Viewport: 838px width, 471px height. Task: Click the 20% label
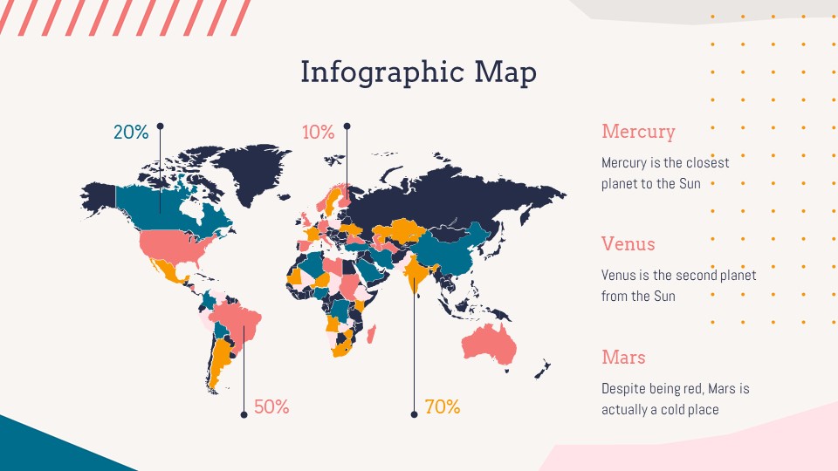(x=131, y=133)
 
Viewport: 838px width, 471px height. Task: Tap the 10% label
(x=319, y=133)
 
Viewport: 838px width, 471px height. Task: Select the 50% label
(x=271, y=407)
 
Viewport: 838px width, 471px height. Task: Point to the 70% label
(x=442, y=407)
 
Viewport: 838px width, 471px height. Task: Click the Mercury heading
(x=638, y=132)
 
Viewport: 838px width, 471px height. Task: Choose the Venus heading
(x=628, y=244)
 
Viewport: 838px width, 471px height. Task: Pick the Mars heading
(x=623, y=358)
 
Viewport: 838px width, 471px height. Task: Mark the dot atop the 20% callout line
(x=160, y=126)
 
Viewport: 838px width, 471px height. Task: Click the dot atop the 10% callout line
(x=347, y=126)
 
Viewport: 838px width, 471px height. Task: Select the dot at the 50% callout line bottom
(x=243, y=414)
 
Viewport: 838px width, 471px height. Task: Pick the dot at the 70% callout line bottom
(x=414, y=414)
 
